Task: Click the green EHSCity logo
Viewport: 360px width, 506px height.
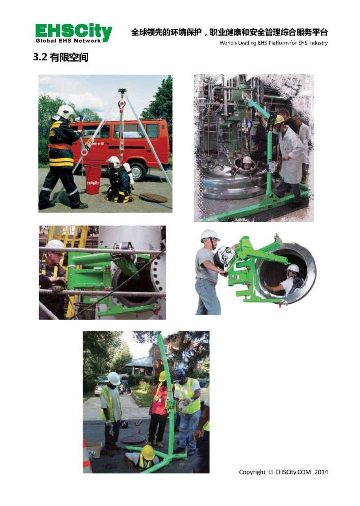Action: pos(74,33)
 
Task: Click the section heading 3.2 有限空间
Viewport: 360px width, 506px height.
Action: pos(61,57)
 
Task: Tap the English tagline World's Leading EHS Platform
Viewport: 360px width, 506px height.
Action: pos(274,43)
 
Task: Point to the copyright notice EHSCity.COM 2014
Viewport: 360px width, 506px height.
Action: pos(283,472)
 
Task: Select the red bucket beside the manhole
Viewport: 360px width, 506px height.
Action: pos(93,180)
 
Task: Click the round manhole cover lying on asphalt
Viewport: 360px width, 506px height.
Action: pos(153,198)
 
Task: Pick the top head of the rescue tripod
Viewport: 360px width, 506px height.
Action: pos(122,90)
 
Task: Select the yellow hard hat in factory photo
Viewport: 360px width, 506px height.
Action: pos(279,119)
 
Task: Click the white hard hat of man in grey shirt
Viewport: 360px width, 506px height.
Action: pos(209,235)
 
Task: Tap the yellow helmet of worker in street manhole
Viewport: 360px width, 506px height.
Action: pos(148,452)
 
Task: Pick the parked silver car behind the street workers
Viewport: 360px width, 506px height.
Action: pos(102,386)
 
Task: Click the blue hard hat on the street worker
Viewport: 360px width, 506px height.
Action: pos(179,375)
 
